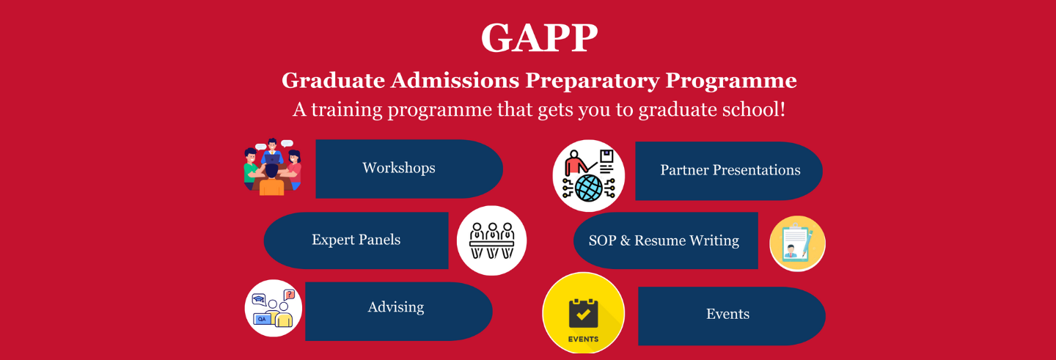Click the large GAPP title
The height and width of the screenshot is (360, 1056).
tap(539, 37)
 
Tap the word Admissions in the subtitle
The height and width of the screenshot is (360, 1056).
tap(455, 80)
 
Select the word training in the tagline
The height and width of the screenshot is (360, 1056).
tap(347, 110)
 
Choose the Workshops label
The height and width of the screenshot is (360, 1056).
tap(399, 168)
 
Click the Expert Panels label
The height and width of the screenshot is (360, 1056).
tap(356, 240)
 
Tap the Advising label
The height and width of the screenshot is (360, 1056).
tap(396, 307)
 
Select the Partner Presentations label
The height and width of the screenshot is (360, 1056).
tap(730, 169)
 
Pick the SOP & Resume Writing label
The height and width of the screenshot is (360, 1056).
tap(664, 240)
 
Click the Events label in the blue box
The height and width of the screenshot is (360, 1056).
tap(727, 314)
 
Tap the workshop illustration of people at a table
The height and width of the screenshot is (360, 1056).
tap(273, 167)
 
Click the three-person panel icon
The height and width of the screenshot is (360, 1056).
tap(491, 240)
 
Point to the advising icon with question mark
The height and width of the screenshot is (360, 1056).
tap(274, 308)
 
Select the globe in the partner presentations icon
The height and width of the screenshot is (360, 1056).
tap(589, 187)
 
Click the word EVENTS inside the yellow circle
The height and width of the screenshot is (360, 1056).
tap(583, 339)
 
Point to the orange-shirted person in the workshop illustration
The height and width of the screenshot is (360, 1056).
tap(271, 180)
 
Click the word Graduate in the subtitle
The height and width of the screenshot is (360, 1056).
tap(333, 80)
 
